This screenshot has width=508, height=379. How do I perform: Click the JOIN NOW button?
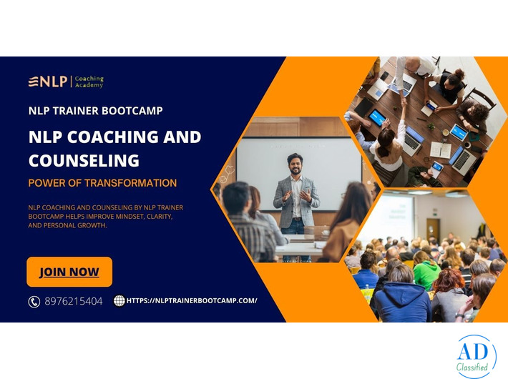[69, 272]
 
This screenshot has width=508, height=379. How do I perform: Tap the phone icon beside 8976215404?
[34, 301]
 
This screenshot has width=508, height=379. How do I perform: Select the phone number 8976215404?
[73, 301]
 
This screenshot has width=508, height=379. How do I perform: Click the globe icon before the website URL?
[119, 301]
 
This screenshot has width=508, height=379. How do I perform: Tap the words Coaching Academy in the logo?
[89, 82]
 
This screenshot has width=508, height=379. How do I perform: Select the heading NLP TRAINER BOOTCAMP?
[95, 111]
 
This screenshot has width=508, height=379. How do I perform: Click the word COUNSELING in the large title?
[84, 159]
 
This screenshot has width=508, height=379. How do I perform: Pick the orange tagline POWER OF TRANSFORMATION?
[102, 183]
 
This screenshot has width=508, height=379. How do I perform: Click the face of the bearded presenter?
[294, 162]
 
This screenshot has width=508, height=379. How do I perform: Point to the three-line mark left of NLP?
[33, 82]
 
